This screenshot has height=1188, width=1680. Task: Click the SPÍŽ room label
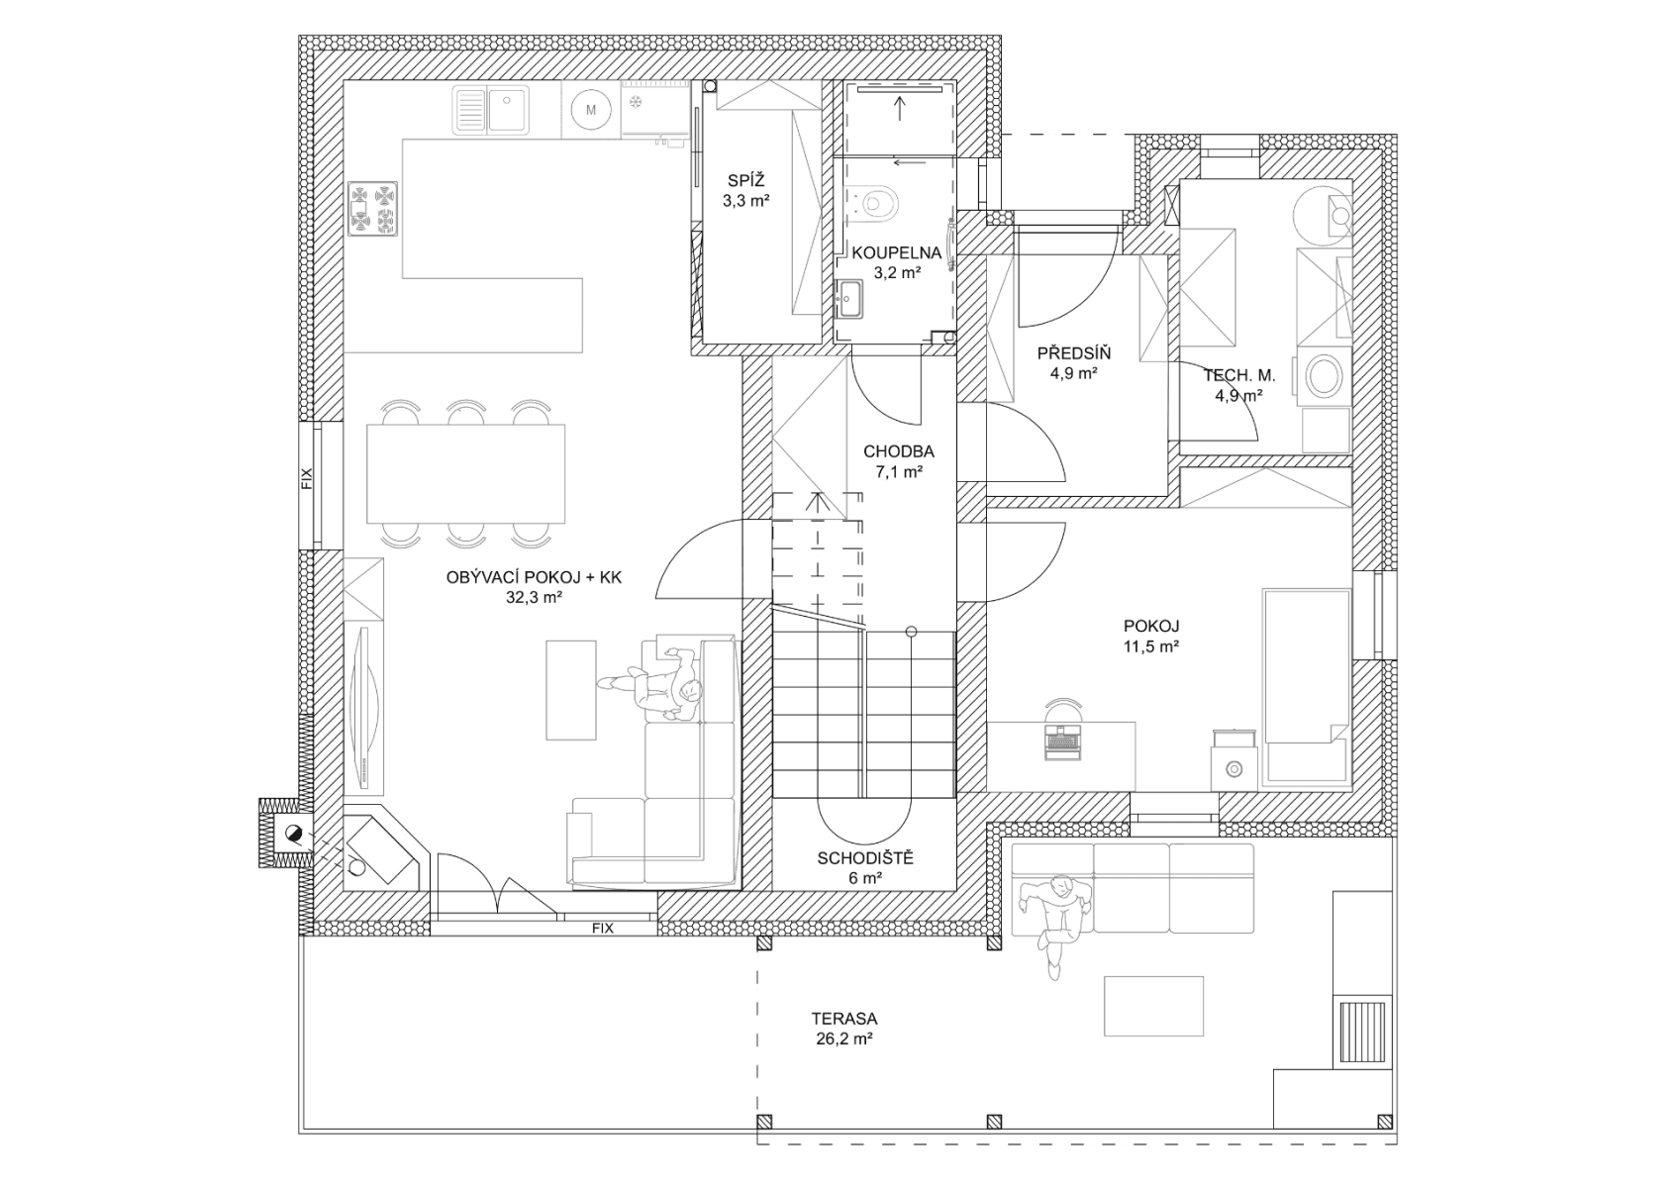click(747, 181)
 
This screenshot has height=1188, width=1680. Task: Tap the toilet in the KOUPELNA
click(878, 202)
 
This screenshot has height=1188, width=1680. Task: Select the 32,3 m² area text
click(534, 597)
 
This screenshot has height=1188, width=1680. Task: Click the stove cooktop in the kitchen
click(373, 208)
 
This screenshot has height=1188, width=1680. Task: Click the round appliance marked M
click(591, 110)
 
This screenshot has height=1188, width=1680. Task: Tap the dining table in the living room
click(465, 473)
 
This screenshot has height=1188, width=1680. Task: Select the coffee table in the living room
click(572, 689)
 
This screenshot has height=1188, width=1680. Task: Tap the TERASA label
click(843, 1018)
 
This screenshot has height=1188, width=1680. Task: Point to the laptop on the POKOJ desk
click(1061, 741)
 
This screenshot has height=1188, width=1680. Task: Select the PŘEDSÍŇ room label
click(1074, 353)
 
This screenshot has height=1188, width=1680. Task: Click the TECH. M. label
click(1238, 375)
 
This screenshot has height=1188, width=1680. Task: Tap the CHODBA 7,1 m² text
click(898, 461)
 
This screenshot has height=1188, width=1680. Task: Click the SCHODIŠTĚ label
click(865, 858)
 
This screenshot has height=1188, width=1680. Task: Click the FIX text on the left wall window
click(307, 479)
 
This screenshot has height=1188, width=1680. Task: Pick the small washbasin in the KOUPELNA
click(849, 296)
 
